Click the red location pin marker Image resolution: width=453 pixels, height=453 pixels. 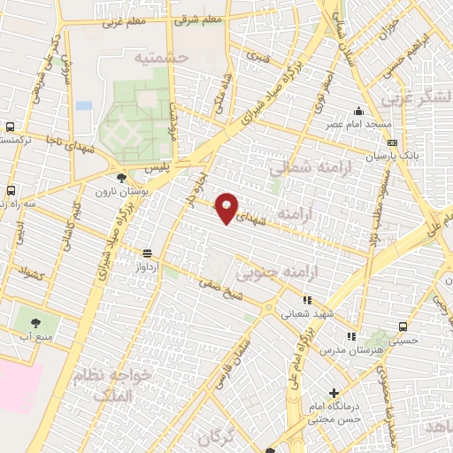pos(226,207)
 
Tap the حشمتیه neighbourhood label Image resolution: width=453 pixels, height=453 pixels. pos(164,57)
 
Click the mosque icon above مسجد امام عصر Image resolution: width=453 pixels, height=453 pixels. pos(357,111)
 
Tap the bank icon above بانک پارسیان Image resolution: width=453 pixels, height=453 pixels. pos(392,142)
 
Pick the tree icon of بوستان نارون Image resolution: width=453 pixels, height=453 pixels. pos(121,178)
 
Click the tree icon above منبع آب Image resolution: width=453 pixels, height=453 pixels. pos(36,324)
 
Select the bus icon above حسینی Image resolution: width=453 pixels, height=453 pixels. pos(403,326)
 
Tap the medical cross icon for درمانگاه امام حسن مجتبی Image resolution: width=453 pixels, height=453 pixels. pos(333,393)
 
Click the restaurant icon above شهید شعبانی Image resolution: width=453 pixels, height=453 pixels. pos(307,300)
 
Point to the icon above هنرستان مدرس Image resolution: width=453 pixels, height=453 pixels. pos(351,336)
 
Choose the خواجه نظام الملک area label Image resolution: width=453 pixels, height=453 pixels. pos(116,384)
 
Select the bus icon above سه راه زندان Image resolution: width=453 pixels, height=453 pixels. pos(11,189)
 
